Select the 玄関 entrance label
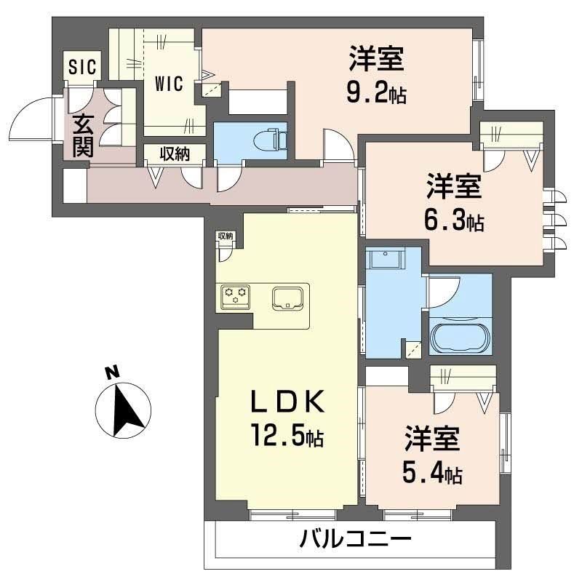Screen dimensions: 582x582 click(x=81, y=136)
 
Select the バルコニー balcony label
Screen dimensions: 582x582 click(x=356, y=539)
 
